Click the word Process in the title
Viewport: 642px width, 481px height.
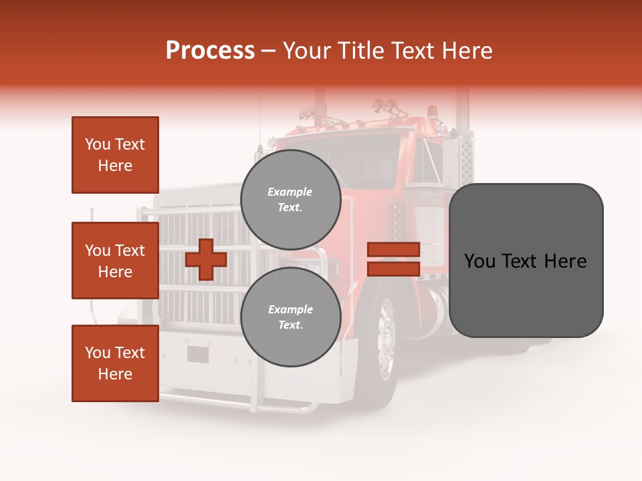click(210, 51)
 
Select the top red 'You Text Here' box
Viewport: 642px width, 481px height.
click(115, 155)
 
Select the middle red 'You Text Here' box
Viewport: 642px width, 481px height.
click(115, 261)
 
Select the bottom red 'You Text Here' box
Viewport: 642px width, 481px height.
click(115, 363)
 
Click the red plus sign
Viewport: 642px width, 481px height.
click(206, 259)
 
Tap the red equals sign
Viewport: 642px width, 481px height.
click(393, 259)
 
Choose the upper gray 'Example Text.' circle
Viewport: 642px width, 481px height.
click(290, 200)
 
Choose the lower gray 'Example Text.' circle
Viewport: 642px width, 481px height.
click(290, 317)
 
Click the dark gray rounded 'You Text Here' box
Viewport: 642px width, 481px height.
click(526, 261)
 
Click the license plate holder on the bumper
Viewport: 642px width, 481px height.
click(198, 354)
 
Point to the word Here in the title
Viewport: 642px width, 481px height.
click(469, 51)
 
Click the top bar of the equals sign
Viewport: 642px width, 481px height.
click(393, 249)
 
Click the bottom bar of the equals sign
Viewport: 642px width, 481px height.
click(393, 269)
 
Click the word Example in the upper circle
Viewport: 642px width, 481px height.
click(290, 192)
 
